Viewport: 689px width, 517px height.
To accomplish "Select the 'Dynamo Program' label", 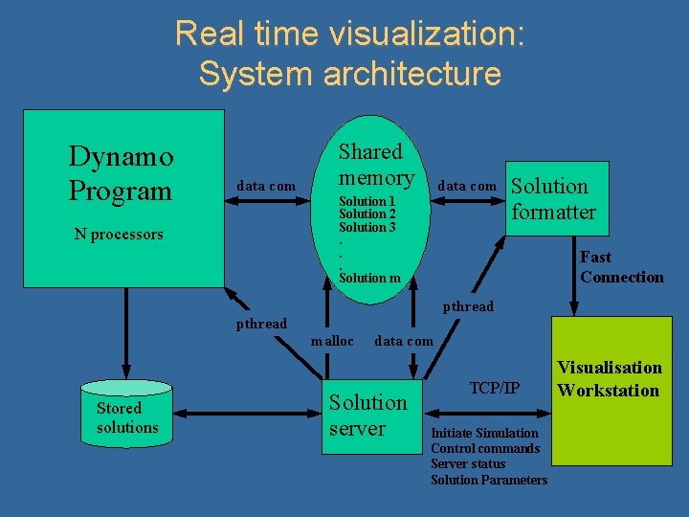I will (121, 173).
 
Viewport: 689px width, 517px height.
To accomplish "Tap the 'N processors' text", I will (119, 235).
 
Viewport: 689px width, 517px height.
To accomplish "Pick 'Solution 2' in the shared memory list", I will (367, 214).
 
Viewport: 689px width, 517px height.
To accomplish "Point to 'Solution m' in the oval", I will (369, 278).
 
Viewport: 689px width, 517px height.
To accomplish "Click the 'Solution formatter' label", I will (552, 199).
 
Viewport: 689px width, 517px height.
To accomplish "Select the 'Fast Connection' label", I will (621, 267).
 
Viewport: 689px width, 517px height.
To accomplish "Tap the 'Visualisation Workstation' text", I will (610, 379).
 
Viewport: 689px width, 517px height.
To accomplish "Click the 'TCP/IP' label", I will (495, 388).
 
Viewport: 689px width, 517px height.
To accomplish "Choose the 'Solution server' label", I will (367, 415).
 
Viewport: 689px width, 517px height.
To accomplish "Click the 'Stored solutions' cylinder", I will (126, 417).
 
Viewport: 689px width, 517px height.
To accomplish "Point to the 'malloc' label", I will (332, 341).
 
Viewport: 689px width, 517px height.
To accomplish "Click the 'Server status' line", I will (468, 463).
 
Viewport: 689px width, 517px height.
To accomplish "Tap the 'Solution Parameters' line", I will (489, 479).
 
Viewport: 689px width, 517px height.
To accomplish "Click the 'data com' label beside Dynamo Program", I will (266, 185).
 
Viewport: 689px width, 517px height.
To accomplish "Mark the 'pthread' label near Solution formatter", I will (468, 306).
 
